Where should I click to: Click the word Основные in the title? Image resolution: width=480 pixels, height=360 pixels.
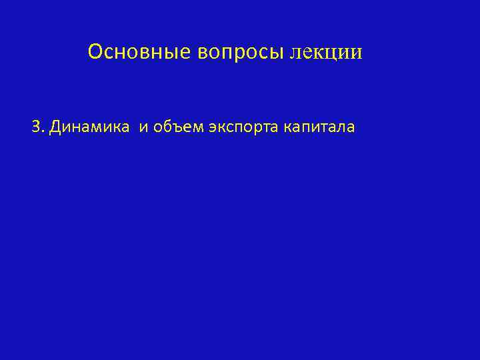click(x=140, y=51)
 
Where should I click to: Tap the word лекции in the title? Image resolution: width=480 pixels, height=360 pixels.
click(x=326, y=52)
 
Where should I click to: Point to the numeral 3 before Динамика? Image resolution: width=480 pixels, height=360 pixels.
click(x=36, y=127)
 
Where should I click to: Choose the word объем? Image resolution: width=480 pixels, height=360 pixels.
click(x=175, y=127)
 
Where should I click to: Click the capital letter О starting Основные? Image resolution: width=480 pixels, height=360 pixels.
click(x=95, y=51)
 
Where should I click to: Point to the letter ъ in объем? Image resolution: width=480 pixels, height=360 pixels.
click(x=174, y=128)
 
